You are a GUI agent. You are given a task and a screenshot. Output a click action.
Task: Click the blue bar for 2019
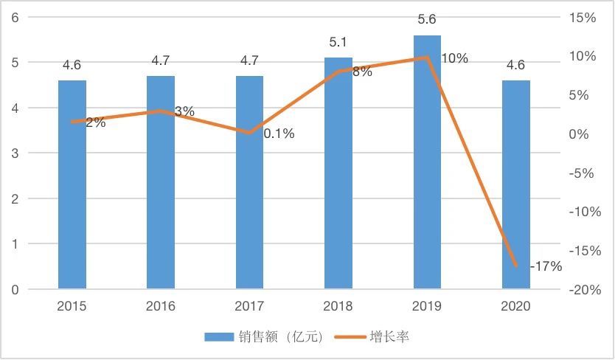point(427,162)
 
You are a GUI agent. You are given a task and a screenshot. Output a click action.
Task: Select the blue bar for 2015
point(72,184)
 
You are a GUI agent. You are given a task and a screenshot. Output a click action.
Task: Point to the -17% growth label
point(546,266)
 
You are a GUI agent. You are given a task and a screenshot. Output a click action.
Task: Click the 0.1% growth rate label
point(279,134)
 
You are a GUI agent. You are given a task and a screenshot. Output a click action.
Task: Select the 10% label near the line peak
point(454,58)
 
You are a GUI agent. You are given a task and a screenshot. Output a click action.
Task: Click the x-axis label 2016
point(161,306)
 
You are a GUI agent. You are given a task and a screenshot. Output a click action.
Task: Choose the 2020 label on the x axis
point(515,306)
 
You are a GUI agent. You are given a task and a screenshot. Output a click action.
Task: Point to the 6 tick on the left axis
point(15,18)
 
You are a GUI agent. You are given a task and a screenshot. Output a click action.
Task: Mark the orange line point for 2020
point(515,266)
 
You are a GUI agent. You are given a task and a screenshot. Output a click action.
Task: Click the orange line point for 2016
point(161,111)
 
